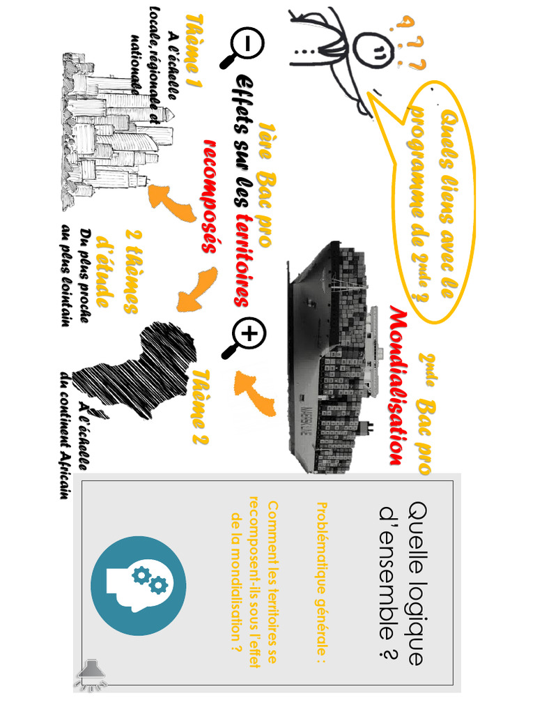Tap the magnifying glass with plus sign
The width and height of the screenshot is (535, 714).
243,337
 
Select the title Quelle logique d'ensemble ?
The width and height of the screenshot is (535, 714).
401,583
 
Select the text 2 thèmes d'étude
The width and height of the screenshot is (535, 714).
121,272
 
